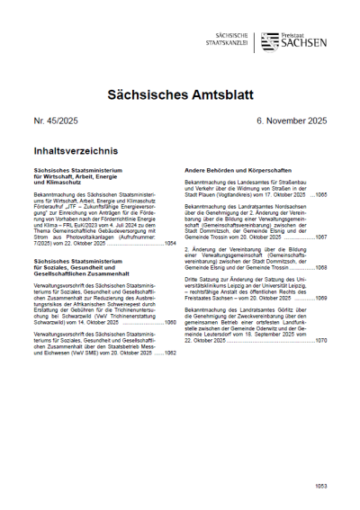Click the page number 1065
pos(320,194)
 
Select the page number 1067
pos(320,236)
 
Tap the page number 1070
pos(320,341)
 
